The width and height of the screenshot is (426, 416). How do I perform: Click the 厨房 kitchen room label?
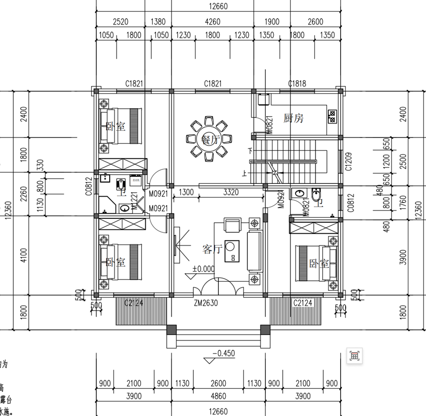(x=293, y=118)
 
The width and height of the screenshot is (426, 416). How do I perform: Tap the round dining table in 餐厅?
(x=208, y=140)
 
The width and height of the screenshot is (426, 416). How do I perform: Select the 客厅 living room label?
(x=211, y=249)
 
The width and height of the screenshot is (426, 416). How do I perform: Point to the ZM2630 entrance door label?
(x=207, y=303)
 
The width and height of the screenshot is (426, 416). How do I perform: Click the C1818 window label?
(x=297, y=84)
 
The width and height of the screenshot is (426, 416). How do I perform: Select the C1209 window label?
(x=349, y=160)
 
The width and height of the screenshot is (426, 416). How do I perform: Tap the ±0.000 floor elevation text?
(x=203, y=269)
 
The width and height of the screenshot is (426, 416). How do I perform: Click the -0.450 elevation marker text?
(x=223, y=353)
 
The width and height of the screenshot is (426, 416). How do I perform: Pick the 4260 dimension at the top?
(x=212, y=22)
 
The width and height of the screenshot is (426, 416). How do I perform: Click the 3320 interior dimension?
(x=231, y=192)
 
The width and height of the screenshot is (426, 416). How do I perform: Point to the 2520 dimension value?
(x=121, y=22)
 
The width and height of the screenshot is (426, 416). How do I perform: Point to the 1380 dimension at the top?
(x=159, y=22)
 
